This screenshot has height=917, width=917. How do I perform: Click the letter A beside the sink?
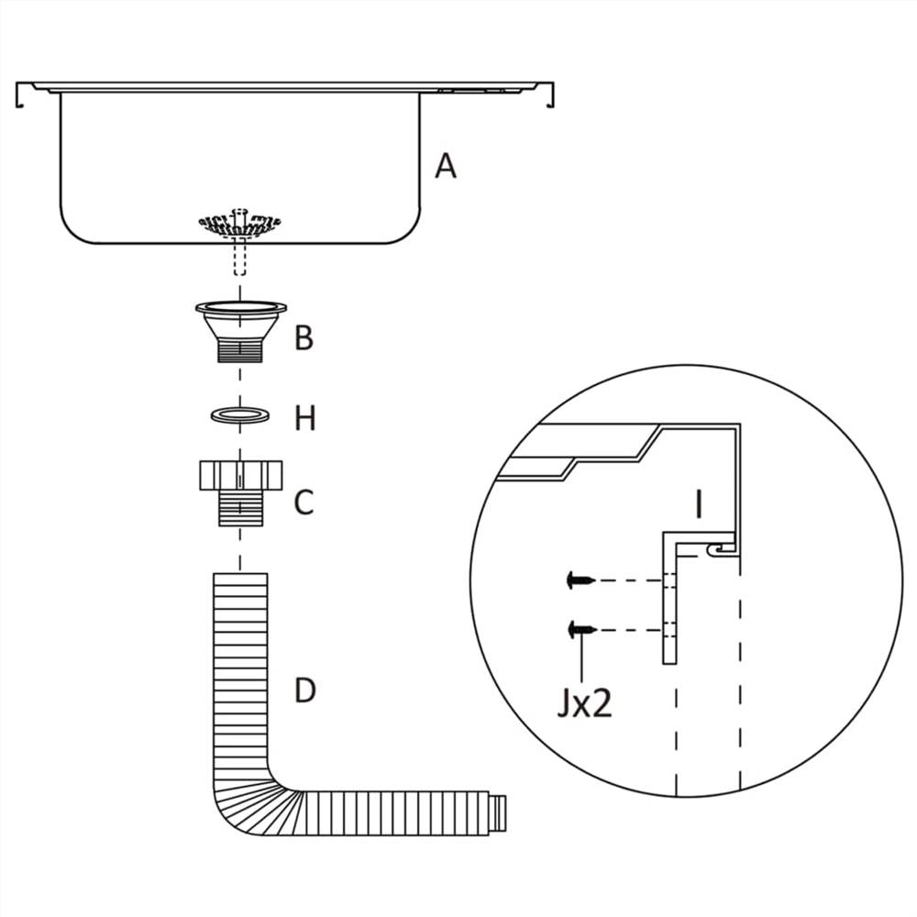445,166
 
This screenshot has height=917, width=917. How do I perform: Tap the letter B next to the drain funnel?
304,338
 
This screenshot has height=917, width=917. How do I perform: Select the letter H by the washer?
304,419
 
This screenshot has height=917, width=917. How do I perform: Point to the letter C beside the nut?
304,503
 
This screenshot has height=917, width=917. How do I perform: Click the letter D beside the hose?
304,690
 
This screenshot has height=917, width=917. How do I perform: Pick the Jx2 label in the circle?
583,703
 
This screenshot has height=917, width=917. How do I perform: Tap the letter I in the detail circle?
699,504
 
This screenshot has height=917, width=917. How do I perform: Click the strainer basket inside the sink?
240,221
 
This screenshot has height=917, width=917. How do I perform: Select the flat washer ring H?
240,415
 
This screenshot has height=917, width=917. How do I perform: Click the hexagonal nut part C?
240,477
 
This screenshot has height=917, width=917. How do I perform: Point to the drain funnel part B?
240,321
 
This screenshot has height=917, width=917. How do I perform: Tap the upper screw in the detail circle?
580,580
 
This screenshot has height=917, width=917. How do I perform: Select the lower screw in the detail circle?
580,630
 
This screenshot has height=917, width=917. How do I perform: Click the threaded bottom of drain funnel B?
240,350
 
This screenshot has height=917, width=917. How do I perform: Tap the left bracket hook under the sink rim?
20,97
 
